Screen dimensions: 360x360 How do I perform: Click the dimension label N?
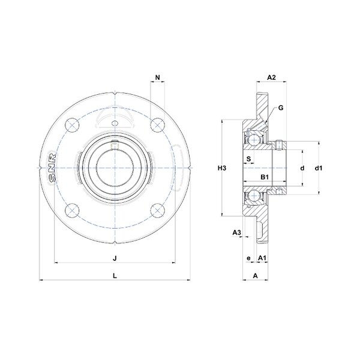(x=157, y=77)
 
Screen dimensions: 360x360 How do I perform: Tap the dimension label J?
(x=115, y=258)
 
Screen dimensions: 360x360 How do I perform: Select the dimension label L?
(x=115, y=276)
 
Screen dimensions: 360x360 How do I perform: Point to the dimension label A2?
(x=271, y=77)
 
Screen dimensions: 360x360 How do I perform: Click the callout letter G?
(x=281, y=107)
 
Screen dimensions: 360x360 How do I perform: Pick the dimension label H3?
(x=222, y=168)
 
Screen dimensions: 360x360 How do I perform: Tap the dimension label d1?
(x=319, y=168)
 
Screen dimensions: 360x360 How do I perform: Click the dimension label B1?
(x=265, y=177)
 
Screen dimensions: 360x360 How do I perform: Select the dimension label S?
(x=248, y=158)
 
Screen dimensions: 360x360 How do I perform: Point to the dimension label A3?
(x=237, y=233)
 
